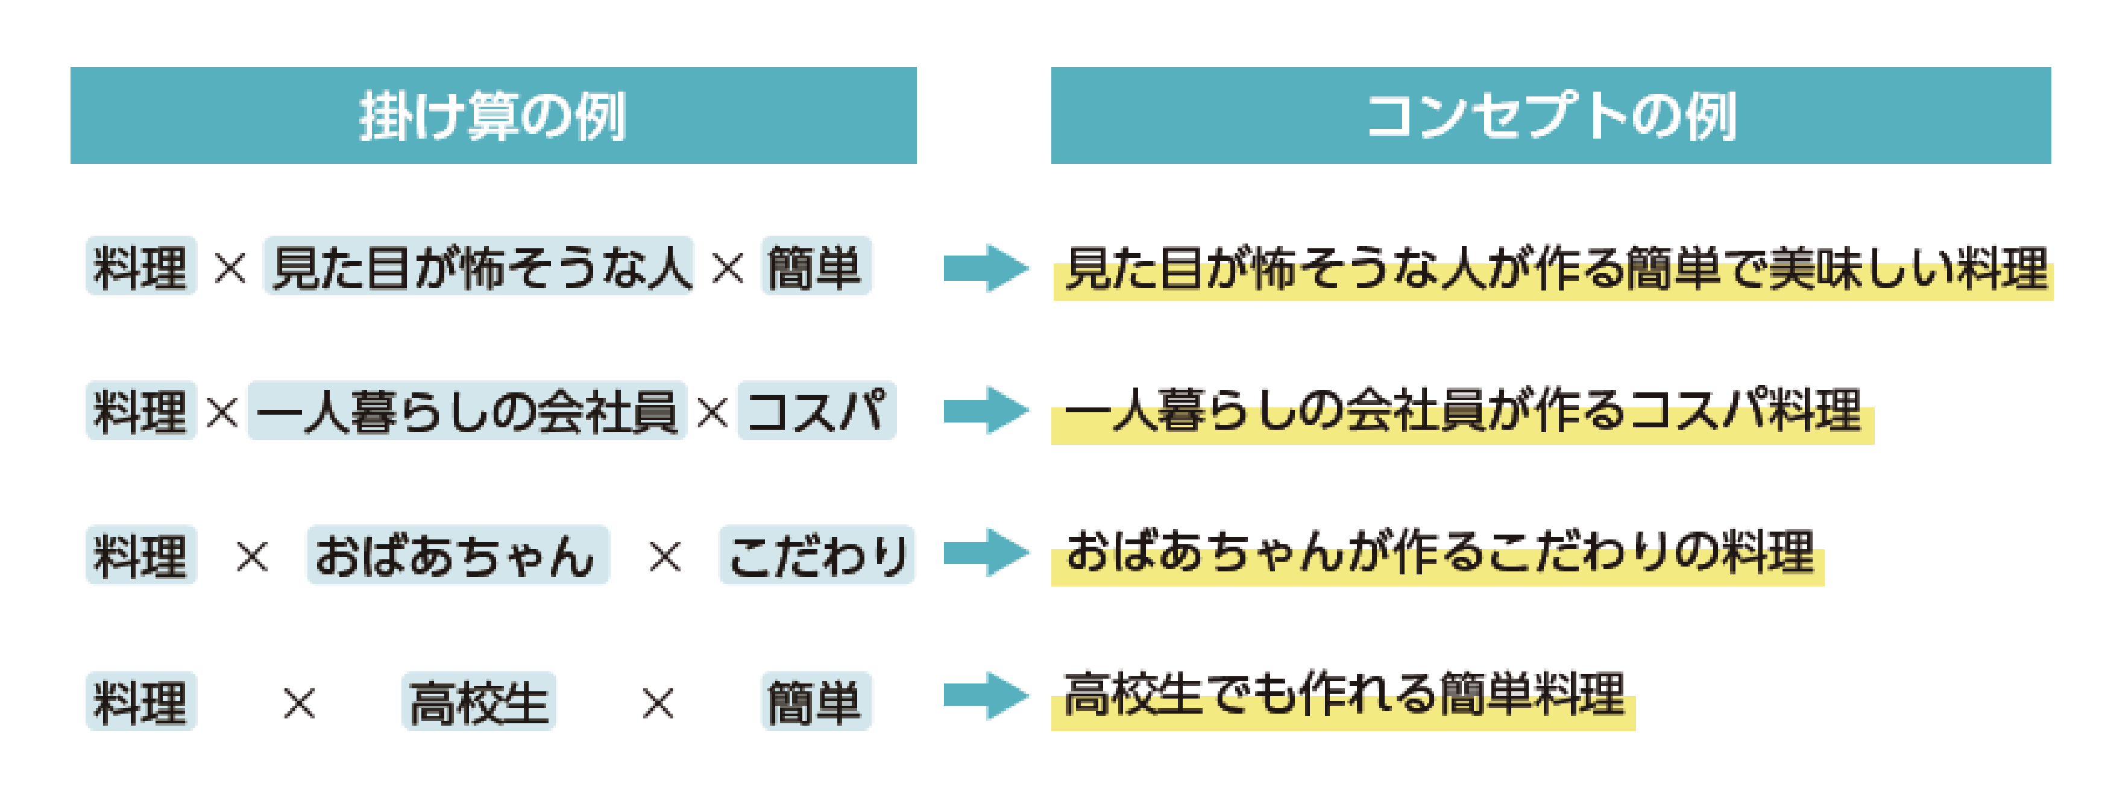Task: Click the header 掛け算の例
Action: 492,115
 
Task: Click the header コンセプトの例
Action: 1550,115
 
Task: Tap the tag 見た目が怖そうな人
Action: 479,266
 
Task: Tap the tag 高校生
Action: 479,702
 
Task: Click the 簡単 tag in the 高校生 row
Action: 816,702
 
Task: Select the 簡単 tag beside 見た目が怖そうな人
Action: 816,266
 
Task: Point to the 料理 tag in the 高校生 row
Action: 140,702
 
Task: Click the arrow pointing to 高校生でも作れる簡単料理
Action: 986,696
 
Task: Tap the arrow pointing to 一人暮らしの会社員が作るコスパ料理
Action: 986,410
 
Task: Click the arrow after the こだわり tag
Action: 986,553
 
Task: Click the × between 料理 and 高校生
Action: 299,702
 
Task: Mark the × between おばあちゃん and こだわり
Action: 664,558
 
